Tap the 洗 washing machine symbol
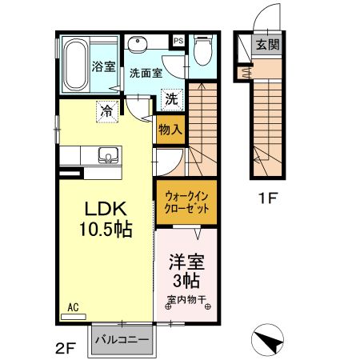(170, 100)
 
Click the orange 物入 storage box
(170, 128)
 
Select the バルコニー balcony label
(122, 340)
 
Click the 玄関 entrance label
(269, 45)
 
